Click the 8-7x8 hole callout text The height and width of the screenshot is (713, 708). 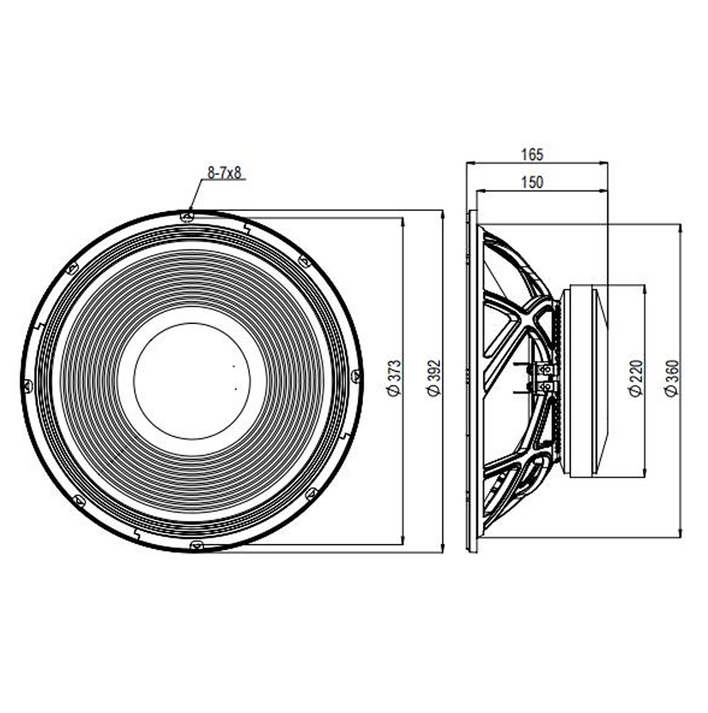[x=224, y=173]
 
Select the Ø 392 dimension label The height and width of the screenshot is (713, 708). [x=435, y=377]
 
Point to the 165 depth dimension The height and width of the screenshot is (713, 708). [x=532, y=154]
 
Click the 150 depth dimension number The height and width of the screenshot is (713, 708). [x=532, y=183]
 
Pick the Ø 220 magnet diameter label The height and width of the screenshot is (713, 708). [x=637, y=377]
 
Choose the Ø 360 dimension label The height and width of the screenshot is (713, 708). [x=672, y=377]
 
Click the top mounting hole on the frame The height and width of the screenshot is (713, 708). [x=186, y=217]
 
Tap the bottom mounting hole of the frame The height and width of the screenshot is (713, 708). [x=197, y=544]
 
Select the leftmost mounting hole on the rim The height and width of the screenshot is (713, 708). [x=28, y=386]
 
